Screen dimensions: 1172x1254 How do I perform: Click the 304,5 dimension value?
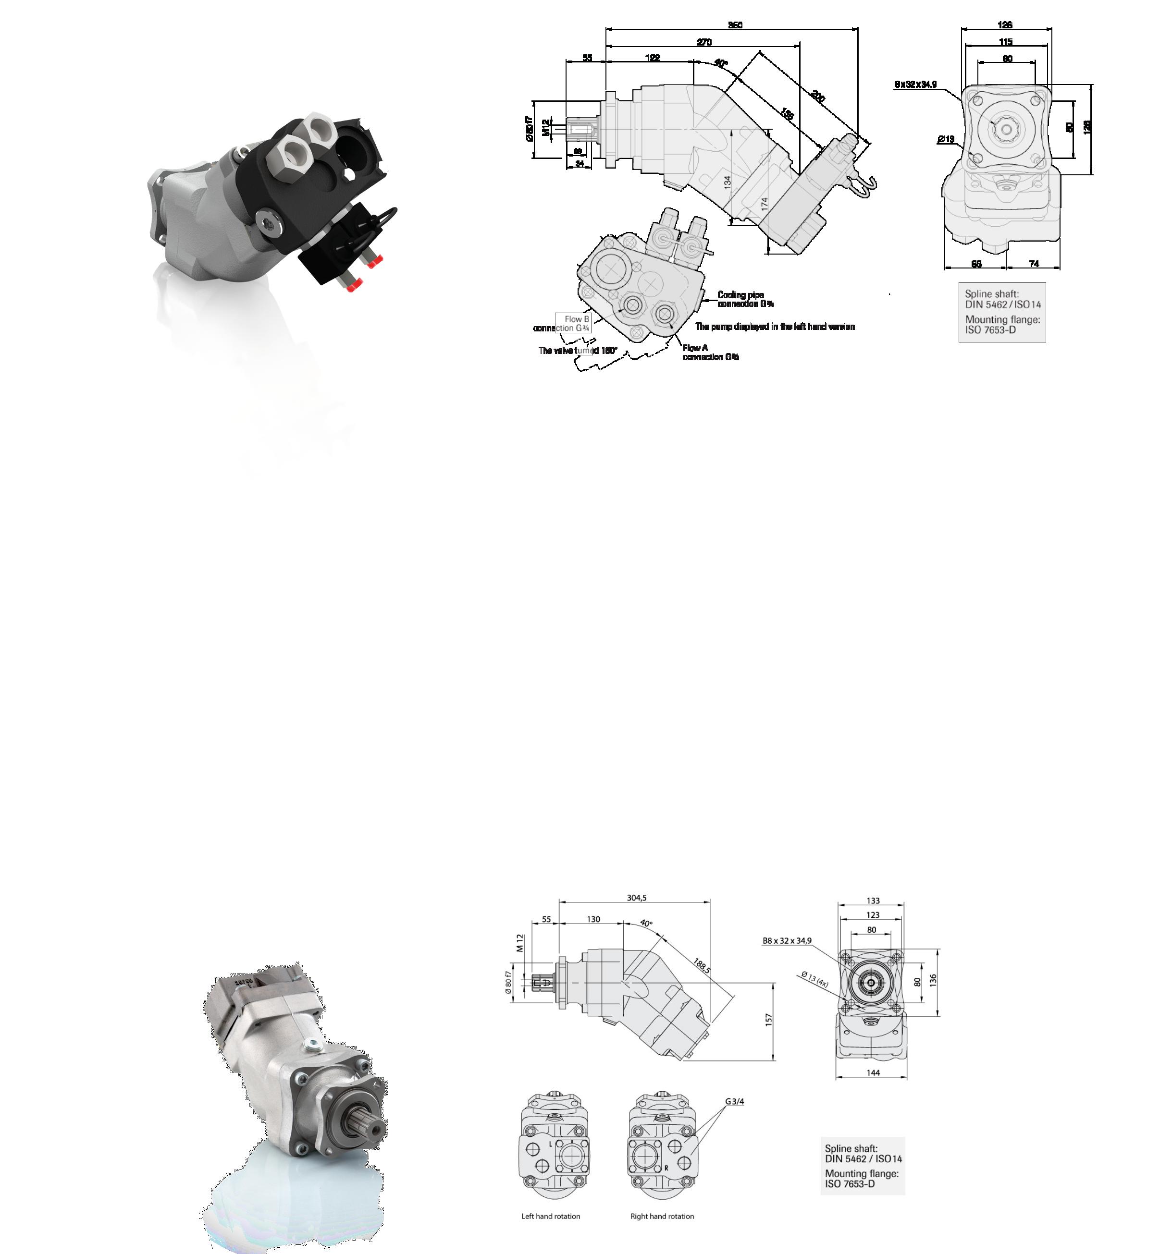tap(637, 898)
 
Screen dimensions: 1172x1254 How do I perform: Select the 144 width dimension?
tap(873, 1072)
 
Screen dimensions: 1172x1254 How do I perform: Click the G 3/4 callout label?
tap(734, 1101)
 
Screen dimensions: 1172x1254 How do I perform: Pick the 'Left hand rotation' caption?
tap(550, 1216)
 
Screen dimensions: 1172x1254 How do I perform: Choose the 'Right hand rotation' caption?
tap(662, 1216)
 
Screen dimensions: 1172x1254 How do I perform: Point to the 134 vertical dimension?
tap(728, 183)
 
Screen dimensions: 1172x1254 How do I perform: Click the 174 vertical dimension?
tap(765, 204)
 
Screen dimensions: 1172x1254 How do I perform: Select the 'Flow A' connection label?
tap(695, 348)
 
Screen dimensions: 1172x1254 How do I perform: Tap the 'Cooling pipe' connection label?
tap(740, 294)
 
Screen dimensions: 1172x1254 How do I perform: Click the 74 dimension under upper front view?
tap(1034, 264)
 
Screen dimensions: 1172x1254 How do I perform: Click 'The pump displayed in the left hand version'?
tap(775, 327)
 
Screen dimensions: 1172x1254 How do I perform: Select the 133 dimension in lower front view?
tap(873, 901)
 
